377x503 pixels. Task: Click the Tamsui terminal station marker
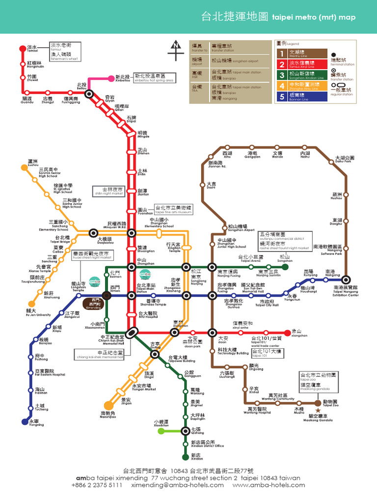tap(22, 48)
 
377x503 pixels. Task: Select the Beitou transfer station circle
tap(88, 93)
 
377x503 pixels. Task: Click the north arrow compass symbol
tap(175, 51)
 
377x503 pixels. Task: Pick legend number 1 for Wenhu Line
tap(282, 54)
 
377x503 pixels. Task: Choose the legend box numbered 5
tap(282, 96)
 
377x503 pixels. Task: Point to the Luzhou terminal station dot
tap(24, 168)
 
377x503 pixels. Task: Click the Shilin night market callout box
tap(108, 191)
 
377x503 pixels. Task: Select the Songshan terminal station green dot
tap(285, 267)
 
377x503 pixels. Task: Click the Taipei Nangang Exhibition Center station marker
tap(346, 279)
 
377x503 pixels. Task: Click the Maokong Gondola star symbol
tap(318, 410)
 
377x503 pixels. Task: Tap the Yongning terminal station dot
tap(24, 421)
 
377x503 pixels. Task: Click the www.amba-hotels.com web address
tap(269, 485)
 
